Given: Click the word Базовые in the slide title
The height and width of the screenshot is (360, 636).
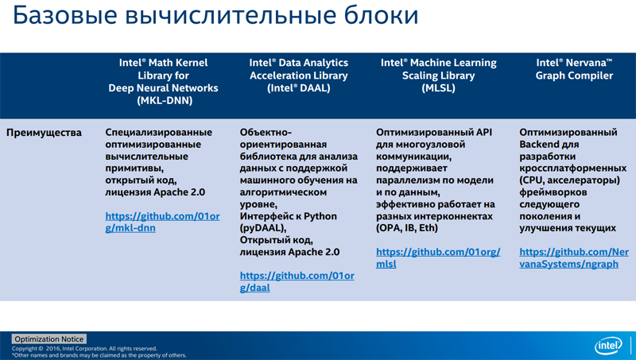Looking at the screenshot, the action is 65,15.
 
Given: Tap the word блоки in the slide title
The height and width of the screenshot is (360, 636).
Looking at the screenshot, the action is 381,15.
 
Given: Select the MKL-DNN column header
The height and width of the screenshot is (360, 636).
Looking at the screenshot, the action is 164,82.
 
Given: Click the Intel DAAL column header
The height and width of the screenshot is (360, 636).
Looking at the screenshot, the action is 299,75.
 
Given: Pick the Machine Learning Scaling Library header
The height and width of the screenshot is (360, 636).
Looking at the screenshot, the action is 439,75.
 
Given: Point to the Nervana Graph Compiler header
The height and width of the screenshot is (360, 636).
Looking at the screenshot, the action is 574,69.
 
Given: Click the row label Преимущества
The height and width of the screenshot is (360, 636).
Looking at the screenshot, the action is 44,133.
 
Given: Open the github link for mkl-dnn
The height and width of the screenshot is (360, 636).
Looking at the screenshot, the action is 162,223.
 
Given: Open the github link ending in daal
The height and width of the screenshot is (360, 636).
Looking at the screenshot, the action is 297,282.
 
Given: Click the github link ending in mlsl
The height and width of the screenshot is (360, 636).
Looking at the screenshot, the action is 438,257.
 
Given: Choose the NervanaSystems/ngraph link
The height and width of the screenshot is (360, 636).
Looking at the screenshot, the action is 574,257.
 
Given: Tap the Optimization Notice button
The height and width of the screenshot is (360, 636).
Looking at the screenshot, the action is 49,339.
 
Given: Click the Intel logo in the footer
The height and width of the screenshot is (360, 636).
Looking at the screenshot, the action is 608,346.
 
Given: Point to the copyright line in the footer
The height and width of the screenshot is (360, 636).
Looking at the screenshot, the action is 84,349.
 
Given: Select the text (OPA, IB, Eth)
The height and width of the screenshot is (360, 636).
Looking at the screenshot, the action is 407,228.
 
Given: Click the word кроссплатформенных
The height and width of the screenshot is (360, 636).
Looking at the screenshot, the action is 572,168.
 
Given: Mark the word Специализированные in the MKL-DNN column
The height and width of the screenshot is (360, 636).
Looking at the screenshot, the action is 158,133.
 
